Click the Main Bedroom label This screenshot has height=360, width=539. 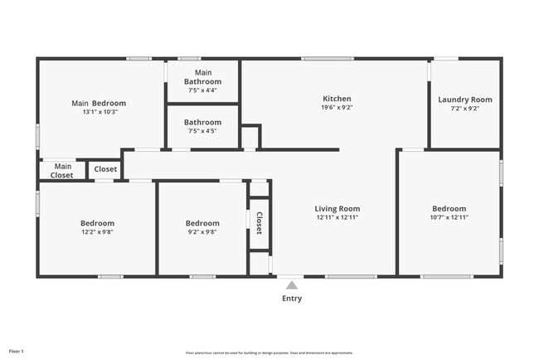[x=99, y=103]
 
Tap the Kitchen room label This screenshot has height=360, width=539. [x=337, y=99]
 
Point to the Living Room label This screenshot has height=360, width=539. [x=337, y=208]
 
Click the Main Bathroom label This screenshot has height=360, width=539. [x=203, y=78]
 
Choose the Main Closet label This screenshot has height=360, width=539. [x=61, y=171]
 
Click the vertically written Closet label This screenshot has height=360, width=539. [x=259, y=222]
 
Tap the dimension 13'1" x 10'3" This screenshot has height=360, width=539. [x=100, y=112]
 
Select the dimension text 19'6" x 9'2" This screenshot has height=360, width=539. [x=337, y=108]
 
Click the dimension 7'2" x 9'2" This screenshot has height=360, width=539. [x=465, y=109]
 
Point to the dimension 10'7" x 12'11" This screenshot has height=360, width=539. [x=449, y=217]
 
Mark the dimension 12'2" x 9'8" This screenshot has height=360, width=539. [x=97, y=232]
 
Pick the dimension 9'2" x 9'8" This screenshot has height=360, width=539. [x=202, y=232]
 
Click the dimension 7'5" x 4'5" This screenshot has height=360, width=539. [x=203, y=131]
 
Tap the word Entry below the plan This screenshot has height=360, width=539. [x=292, y=299]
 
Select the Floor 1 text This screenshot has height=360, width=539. [x=17, y=352]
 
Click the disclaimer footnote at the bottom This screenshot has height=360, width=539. [x=269, y=352]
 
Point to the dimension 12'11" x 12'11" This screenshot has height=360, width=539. [x=337, y=217]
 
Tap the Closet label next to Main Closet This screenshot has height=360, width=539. [x=105, y=169]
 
